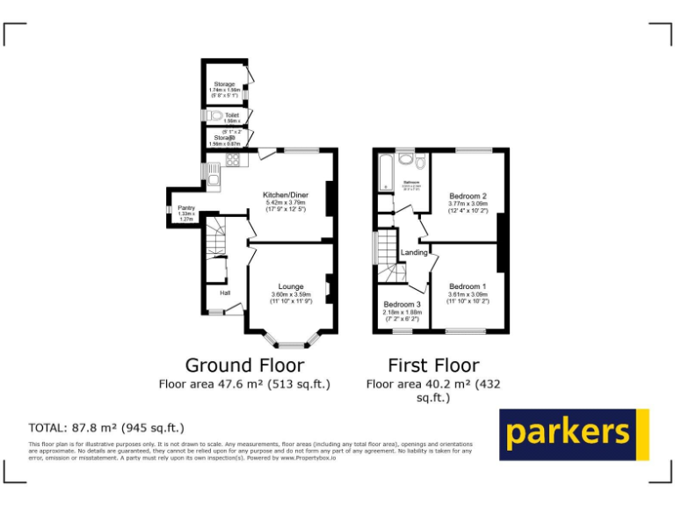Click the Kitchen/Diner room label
(286, 194)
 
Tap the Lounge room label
(291, 286)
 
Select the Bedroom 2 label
(468, 195)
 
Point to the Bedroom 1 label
(468, 286)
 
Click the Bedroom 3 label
(403, 304)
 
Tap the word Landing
(414, 253)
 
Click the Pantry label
(186, 208)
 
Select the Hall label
(224, 293)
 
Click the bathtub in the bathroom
(384, 172)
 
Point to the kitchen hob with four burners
(234, 160)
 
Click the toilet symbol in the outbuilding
(216, 115)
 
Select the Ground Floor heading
(244, 365)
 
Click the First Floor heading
(433, 365)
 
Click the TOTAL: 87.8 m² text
(106, 428)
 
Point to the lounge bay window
(291, 341)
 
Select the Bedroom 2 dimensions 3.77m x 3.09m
(468, 204)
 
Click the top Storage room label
(224, 84)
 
